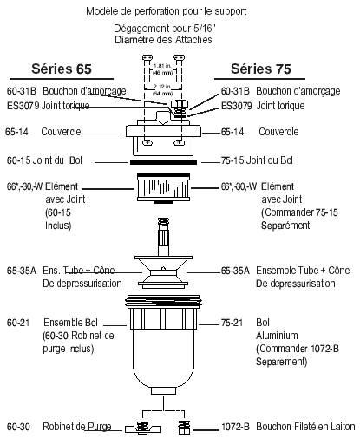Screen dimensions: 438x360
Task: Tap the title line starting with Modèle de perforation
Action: (x=178, y=12)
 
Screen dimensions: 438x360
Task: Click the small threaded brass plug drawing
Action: (x=183, y=427)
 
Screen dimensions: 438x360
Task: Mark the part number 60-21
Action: (x=18, y=322)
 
